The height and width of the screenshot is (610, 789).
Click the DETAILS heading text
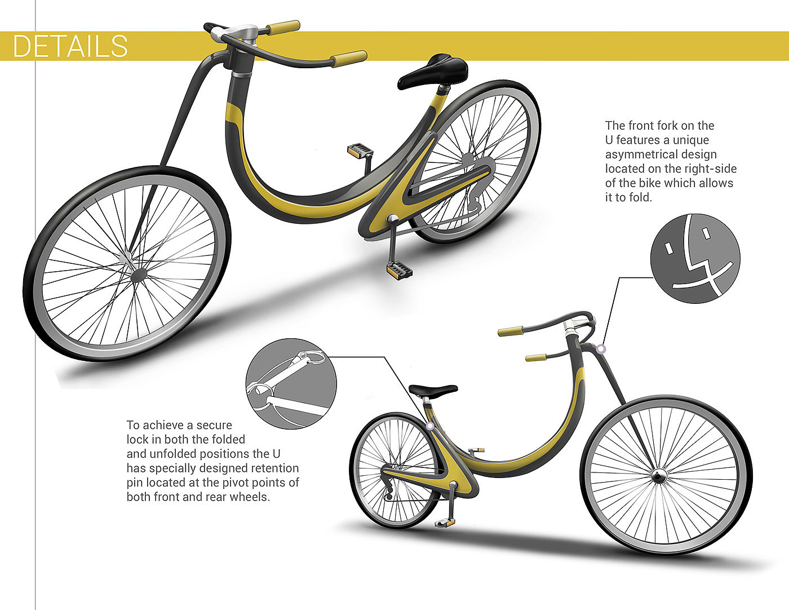70,46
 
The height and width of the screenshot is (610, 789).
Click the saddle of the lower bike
433,390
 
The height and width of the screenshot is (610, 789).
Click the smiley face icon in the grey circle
695,257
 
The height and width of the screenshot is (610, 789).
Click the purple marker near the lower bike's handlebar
601,349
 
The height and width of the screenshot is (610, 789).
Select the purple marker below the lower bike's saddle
430,426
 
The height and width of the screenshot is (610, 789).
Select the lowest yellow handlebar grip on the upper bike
348,58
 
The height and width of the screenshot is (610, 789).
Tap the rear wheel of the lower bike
394,471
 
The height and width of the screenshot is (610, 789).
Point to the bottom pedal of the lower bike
446,522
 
